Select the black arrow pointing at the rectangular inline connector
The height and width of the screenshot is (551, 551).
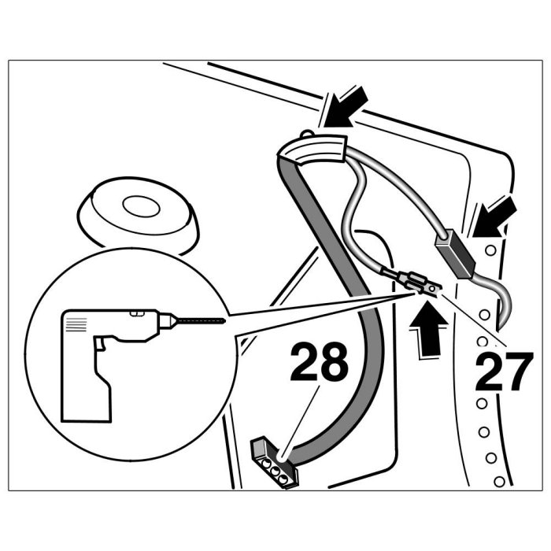click(495, 216)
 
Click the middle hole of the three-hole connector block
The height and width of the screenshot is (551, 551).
click(277, 467)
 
